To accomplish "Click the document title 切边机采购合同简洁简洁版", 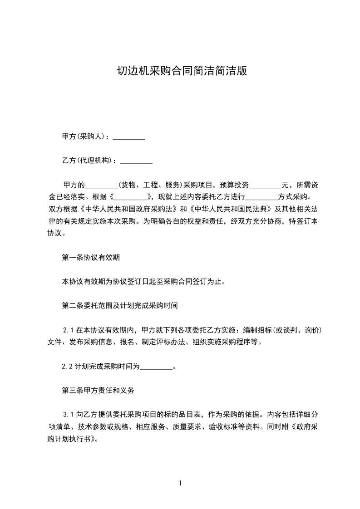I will point(180,71).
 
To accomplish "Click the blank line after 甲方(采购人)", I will point(128,137).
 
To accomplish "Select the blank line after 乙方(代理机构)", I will point(136,161).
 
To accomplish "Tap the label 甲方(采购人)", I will point(84,137).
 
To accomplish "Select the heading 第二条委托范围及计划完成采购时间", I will point(119,306).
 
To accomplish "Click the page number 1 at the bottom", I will point(180,483).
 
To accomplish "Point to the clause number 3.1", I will point(68,414).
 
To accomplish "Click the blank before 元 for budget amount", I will point(266,185).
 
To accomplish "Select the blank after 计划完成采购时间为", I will point(157,366).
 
